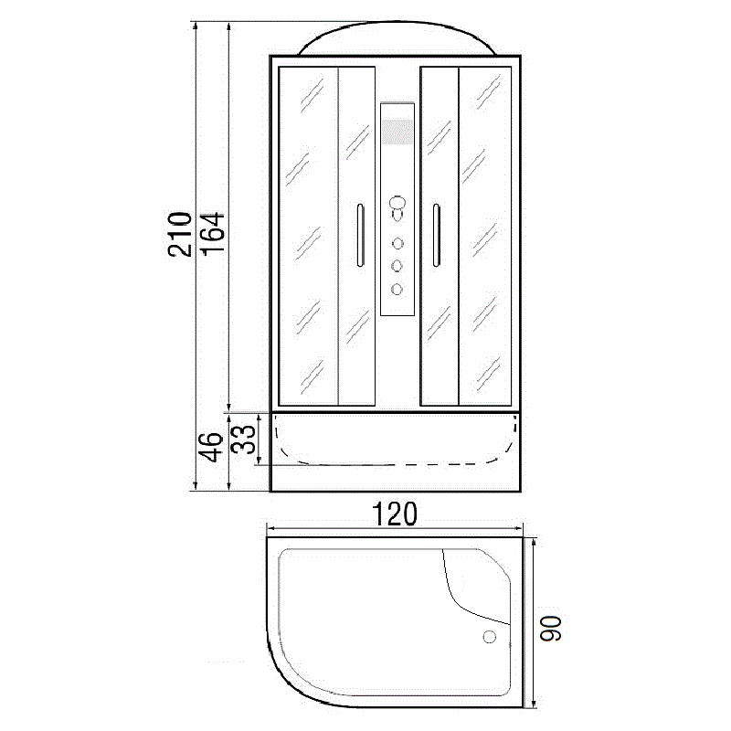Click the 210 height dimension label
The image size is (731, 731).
[x=180, y=234]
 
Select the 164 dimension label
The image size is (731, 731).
[x=213, y=233]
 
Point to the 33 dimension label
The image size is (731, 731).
[x=244, y=439]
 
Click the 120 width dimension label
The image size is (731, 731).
[x=395, y=514]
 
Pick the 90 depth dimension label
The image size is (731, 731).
[x=551, y=629]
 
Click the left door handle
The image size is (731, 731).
[x=360, y=236]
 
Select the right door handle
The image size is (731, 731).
[x=436, y=235]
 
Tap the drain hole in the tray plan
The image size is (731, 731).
[x=490, y=636]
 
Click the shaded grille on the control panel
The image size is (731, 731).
[x=397, y=132]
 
